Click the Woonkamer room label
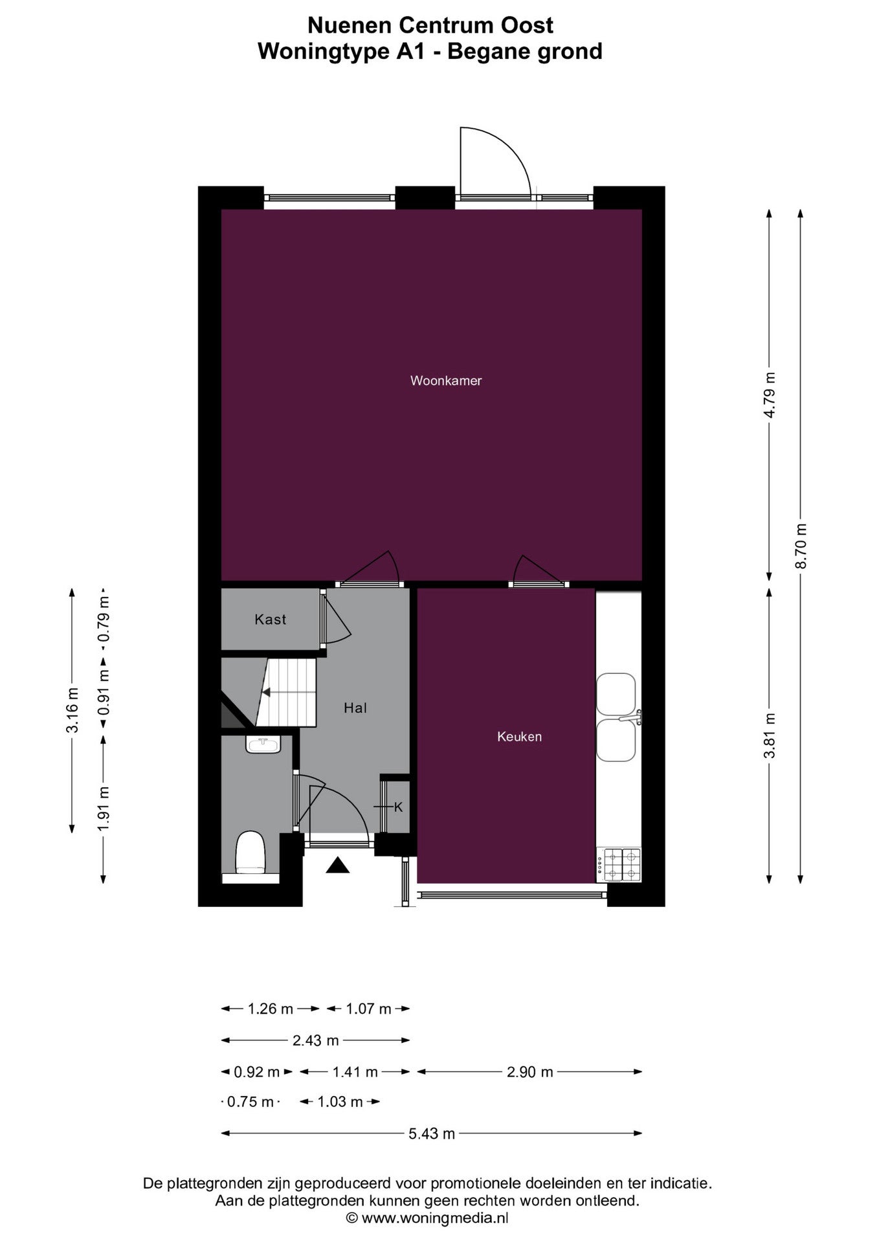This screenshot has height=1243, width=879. (446, 381)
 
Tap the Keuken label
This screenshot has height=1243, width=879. (519, 736)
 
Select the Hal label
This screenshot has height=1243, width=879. (355, 708)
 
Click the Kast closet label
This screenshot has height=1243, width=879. (270, 620)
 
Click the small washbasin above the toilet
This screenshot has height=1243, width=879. (263, 745)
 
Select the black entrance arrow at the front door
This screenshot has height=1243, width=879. (337, 865)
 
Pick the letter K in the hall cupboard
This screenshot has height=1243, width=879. (398, 807)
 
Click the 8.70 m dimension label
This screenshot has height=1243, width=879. (801, 546)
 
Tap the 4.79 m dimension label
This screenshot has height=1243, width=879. (770, 395)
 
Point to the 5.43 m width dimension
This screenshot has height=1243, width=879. (432, 1133)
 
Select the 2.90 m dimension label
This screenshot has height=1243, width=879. (530, 1071)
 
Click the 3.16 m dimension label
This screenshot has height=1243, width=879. (72, 710)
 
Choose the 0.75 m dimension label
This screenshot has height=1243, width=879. (250, 1101)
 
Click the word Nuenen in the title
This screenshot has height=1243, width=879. (350, 25)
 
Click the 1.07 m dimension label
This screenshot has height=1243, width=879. (368, 1008)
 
